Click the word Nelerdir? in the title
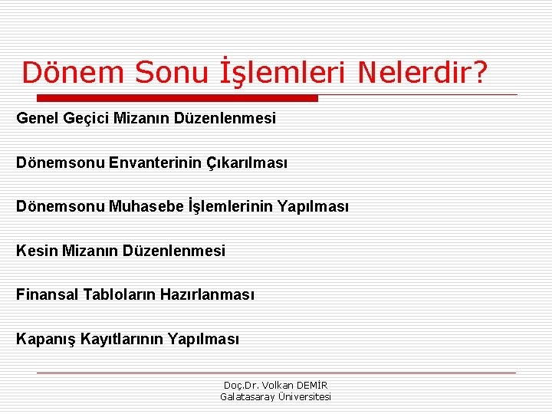coord(422,73)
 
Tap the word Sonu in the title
coord(170,73)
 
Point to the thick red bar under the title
coord(177,98)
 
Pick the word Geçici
coord(87,119)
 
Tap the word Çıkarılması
coord(245,163)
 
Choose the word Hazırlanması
coord(207,294)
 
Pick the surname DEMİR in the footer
coord(313,385)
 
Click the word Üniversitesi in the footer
coord(305,396)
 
